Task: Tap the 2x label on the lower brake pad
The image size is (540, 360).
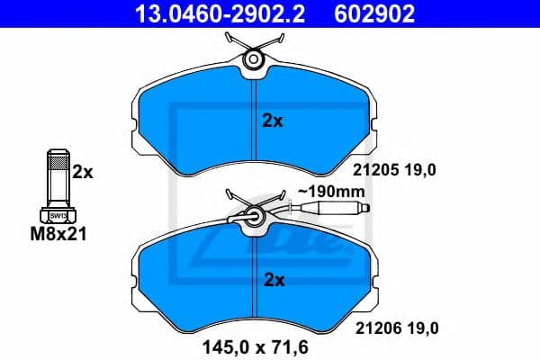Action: [272, 280]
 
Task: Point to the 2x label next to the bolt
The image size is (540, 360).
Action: [83, 171]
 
